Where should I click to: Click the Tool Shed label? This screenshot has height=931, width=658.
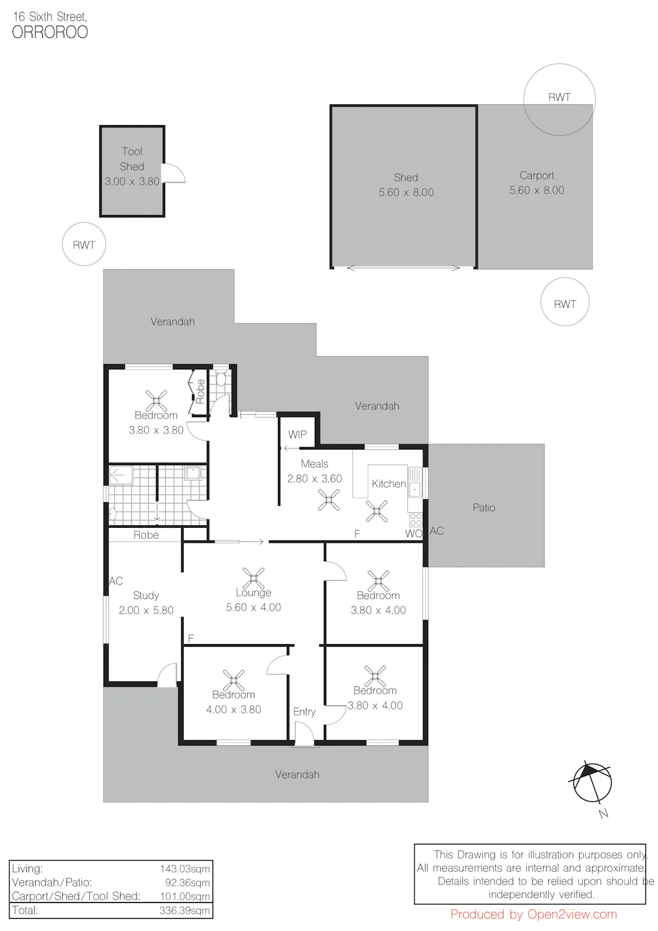(132, 159)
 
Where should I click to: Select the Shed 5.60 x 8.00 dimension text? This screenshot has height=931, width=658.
(406, 192)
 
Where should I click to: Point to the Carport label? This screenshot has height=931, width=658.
(537, 176)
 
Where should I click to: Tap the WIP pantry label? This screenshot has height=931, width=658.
(297, 435)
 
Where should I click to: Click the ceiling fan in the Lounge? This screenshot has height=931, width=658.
(253, 578)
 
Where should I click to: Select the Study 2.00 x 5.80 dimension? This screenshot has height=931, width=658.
(146, 610)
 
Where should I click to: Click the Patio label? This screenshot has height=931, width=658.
(484, 507)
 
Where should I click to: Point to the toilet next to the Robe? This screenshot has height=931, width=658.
(221, 379)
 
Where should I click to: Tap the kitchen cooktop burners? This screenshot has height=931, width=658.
(416, 520)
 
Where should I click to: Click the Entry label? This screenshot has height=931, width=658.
(304, 712)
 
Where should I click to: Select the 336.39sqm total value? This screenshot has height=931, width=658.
(184, 910)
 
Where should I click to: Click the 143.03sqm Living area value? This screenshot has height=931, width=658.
(185, 868)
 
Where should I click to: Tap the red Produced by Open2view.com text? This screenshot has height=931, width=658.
(534, 915)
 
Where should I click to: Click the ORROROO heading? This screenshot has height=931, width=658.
(50, 32)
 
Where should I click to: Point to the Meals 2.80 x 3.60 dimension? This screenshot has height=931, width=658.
(314, 478)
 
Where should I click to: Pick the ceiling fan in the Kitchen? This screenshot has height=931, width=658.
(377, 511)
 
